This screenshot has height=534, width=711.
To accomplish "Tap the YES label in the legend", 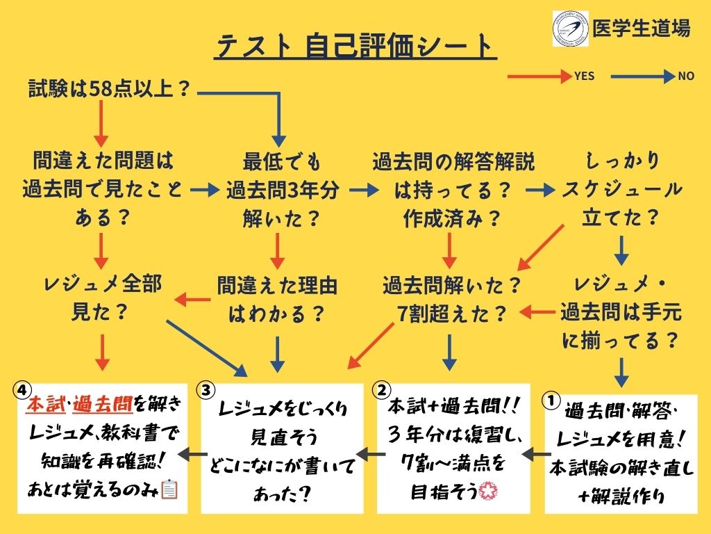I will (x=584, y=76).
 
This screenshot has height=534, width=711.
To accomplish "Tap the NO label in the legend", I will (x=685, y=76).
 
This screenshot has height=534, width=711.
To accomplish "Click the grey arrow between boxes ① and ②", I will (x=531, y=454).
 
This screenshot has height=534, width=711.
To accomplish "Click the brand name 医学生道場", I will (x=642, y=29).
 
